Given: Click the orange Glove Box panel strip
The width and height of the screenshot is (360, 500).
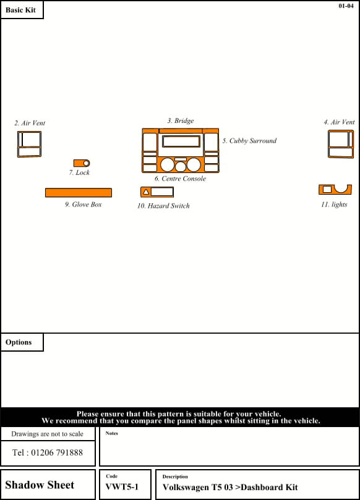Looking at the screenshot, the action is coord(79,193).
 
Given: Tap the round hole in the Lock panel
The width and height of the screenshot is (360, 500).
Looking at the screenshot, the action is coord(86,163).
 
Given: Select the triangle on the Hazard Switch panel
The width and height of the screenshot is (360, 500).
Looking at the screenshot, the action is coord(146,192).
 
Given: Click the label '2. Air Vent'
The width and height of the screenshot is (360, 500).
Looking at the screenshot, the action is coord(30,123).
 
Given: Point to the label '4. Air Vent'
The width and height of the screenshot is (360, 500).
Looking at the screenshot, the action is coord(339,122).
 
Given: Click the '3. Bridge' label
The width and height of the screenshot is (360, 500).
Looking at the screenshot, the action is coord(181,121).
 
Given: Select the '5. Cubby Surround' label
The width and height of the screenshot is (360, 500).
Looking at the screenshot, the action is coord(249,141).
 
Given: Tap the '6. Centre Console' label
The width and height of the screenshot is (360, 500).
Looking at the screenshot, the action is coord(181,179).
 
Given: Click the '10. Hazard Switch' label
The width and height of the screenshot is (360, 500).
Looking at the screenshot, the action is coord(163,206).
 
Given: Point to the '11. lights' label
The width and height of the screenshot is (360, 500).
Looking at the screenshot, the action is coord(334,205).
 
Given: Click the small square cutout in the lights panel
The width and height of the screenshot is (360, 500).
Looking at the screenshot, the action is coord(327,189).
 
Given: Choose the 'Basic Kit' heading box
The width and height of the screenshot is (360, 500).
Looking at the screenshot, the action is coord(22,10).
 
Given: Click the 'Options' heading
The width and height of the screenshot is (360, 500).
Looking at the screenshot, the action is coord(19,342).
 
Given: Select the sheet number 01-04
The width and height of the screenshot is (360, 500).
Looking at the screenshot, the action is coord(346,6).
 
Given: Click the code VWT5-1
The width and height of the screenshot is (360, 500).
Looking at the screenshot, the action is coord(122,487).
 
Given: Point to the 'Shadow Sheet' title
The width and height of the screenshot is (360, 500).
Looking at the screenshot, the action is coord(40,485).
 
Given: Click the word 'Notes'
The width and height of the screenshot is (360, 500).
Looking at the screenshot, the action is coord(112,433).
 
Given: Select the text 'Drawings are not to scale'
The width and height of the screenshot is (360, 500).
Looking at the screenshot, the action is coord(47,434).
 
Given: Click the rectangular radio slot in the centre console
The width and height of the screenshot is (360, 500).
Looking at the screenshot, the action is coord(181,142).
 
